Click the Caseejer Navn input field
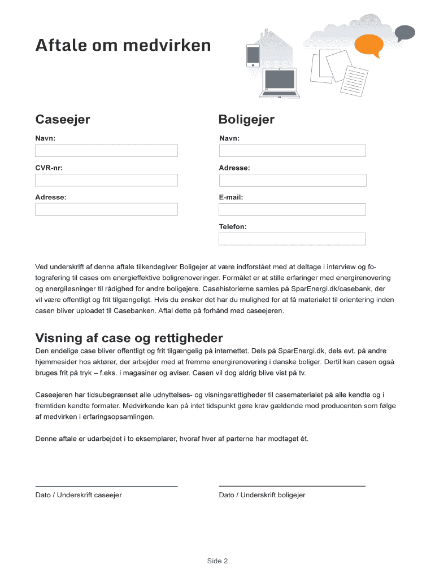coord(106,151)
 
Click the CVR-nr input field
coord(106,180)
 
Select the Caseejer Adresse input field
coord(106,209)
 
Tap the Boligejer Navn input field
coord(292,151)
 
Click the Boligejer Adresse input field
coord(292,180)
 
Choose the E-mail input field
coord(292,209)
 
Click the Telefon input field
coord(292,239)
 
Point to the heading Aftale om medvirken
coord(123,45)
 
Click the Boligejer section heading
coord(246,120)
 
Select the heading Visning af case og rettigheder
coord(129,338)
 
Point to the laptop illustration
coord(280,82)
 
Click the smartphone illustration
coord(253,56)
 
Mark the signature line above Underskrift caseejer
coord(106,486)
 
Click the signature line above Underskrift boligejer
coord(292,486)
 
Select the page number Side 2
coord(217,561)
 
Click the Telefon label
coord(233,226)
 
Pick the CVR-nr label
coord(49,168)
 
